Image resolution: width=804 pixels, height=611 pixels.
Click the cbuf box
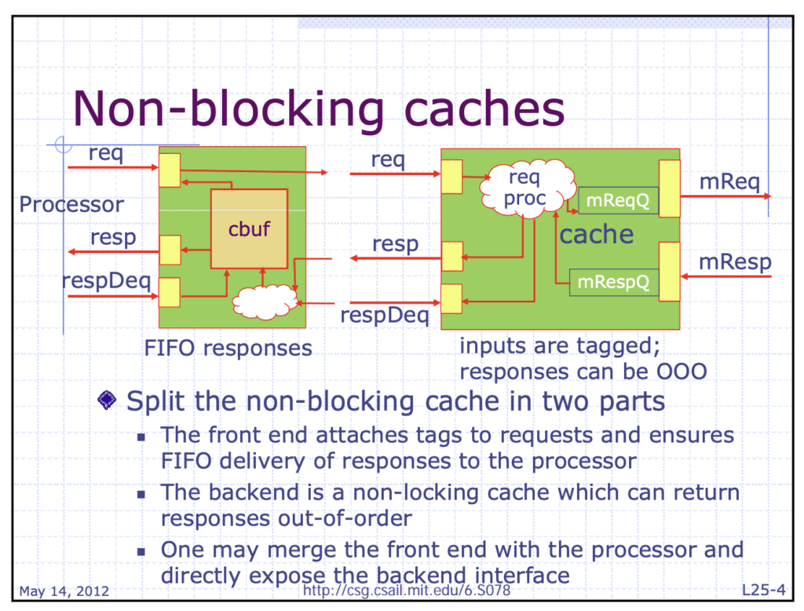coord(249,229)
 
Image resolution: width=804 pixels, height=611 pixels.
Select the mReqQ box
coord(618,200)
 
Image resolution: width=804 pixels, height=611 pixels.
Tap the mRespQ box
coord(614,282)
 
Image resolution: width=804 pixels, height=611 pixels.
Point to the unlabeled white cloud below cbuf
coord(265,302)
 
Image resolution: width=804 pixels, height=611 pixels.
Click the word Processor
coord(71,205)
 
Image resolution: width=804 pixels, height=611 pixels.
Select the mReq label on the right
coord(729,181)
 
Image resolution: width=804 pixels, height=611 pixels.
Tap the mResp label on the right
coord(735,262)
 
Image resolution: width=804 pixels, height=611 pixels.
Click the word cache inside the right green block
coord(597,235)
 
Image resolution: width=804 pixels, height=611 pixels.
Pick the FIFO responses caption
coord(228,349)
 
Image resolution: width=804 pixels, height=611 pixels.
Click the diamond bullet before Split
coord(107,401)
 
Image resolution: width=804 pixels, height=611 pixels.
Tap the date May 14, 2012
coord(64,591)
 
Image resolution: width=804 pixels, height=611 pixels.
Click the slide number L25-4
coord(763,590)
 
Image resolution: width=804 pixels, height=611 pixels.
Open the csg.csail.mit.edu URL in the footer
coord(407,591)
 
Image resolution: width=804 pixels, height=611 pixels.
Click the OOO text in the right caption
coord(682,371)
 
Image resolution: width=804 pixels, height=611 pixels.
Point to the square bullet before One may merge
coord(141,552)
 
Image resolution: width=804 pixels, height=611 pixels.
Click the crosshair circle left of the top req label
coord(63,145)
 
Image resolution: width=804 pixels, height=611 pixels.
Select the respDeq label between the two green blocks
coord(385,315)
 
